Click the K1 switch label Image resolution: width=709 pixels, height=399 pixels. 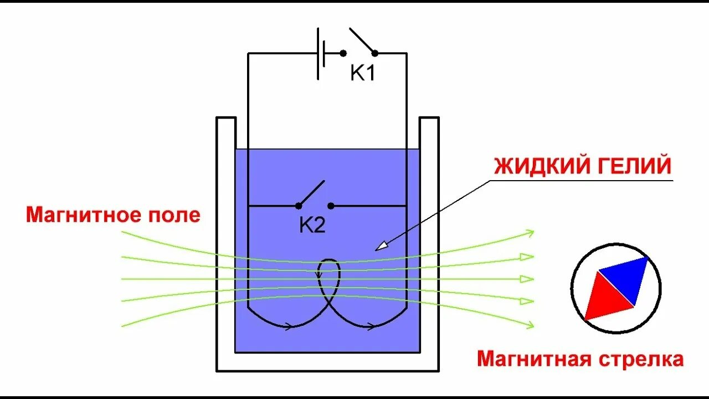[363, 73]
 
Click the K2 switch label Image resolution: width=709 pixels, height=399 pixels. [312, 225]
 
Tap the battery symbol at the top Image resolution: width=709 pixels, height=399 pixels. [321, 53]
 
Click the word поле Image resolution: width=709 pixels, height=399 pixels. [175, 214]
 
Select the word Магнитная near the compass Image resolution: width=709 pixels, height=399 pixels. [535, 359]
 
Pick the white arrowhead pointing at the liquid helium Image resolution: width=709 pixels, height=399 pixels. [381, 245]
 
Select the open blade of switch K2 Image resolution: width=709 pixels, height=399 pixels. [311, 193]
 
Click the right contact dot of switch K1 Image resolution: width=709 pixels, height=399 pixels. [375, 53]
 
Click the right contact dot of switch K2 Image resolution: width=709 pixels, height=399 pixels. [331, 206]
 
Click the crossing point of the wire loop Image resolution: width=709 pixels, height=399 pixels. [330, 302]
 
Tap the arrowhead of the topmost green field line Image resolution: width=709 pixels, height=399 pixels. [529, 233]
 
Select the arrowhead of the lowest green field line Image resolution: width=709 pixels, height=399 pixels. [529, 324]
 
